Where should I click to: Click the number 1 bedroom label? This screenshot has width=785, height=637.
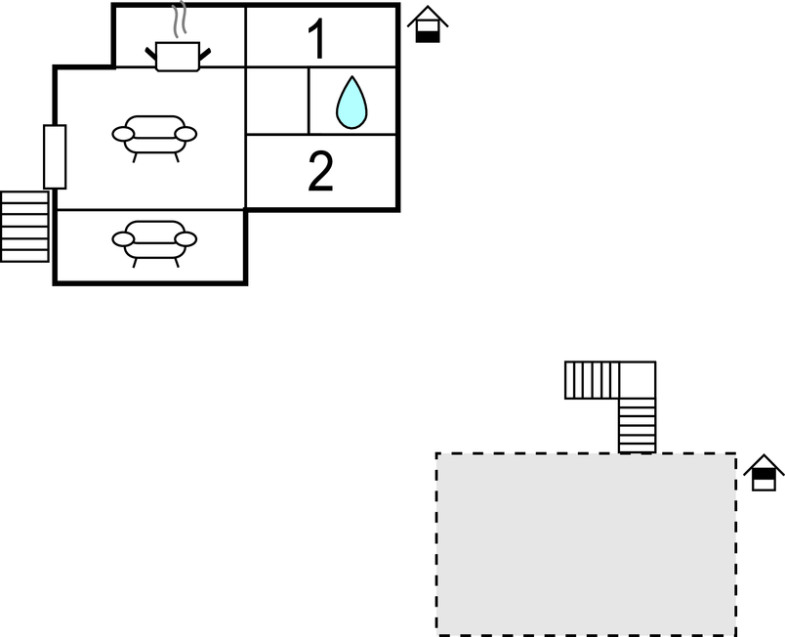[x=316, y=40]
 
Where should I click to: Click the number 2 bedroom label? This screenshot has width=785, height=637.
[x=320, y=172]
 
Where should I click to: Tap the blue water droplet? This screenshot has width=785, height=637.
[x=351, y=103]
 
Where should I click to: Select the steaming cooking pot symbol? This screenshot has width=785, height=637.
[x=179, y=56]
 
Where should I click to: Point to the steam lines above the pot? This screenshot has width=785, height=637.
[x=178, y=21]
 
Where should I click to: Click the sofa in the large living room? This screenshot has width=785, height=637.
[x=154, y=136]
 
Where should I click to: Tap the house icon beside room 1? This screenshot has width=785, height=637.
[x=428, y=24]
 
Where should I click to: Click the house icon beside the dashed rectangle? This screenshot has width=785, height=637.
[x=764, y=473]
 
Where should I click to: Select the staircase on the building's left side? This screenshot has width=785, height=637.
[x=24, y=226]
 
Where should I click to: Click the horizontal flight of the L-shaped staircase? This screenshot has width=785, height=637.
[x=591, y=380]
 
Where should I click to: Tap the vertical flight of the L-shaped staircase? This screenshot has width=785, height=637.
[x=638, y=425]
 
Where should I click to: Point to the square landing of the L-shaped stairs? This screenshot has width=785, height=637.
[x=638, y=380]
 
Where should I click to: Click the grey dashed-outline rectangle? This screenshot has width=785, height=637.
[x=586, y=543]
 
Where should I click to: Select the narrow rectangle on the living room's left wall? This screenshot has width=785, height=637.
[x=55, y=156]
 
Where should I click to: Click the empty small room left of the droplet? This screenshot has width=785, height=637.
[x=277, y=101]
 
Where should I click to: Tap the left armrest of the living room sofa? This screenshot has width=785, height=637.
[x=122, y=134]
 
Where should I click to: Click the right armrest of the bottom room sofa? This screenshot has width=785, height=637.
[x=186, y=238]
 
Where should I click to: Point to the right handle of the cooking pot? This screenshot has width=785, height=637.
[x=203, y=47]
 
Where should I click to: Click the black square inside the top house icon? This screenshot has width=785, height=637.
[x=428, y=34]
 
